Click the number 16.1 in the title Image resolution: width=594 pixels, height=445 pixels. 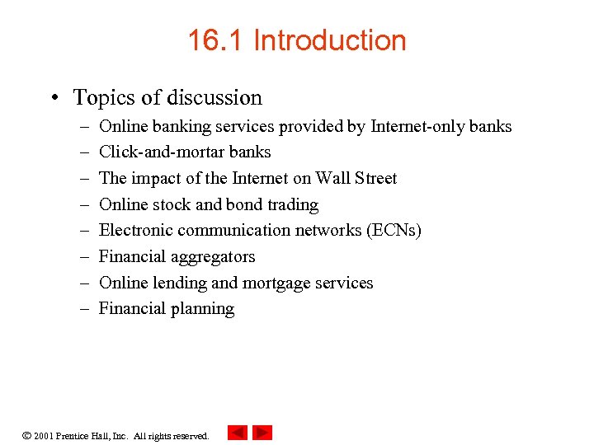(215, 40)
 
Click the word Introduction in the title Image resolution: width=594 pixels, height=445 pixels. (330, 40)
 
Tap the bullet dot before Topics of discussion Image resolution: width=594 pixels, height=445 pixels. (54, 98)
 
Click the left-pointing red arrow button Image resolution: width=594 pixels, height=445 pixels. (237, 433)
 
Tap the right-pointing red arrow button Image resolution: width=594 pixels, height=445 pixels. (262, 433)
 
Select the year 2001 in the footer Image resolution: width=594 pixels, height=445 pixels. (44, 436)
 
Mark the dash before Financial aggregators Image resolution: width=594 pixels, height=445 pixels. (85, 257)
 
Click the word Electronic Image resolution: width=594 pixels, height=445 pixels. (136, 231)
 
